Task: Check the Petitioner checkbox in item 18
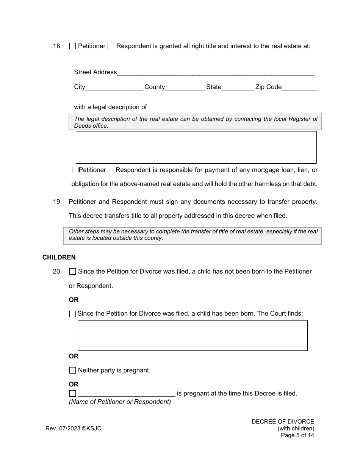[x=72, y=46]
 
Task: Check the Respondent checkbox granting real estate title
[x=111, y=46]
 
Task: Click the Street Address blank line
[x=216, y=72]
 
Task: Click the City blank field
[x=114, y=87]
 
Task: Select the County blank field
[x=185, y=87]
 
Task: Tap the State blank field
[x=238, y=87]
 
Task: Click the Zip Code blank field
[x=300, y=87]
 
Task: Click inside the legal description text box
[x=196, y=147]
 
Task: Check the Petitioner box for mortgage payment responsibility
[x=75, y=170]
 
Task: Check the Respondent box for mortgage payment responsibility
[x=112, y=170]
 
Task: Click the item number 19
[x=57, y=202]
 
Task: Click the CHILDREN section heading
[x=59, y=257]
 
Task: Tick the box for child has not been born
[x=72, y=272]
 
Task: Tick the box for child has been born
[x=72, y=314]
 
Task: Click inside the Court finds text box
[x=193, y=335]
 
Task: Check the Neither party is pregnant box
[x=72, y=371]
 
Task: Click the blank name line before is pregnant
[x=127, y=394]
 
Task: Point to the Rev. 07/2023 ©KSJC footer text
[x=74, y=428]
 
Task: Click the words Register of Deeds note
[x=196, y=122]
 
